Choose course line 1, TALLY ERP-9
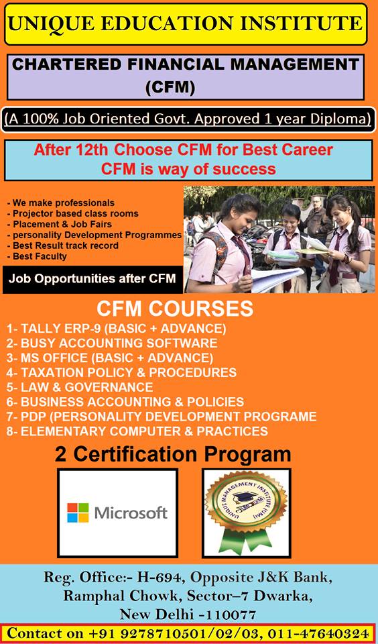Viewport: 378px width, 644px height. point(117,329)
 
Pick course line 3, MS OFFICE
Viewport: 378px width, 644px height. point(110,358)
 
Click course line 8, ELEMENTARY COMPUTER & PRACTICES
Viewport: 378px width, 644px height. point(137,431)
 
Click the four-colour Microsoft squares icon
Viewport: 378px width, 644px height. point(78,513)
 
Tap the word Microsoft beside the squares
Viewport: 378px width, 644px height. point(131,513)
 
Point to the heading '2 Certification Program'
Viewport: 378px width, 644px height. point(173,454)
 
